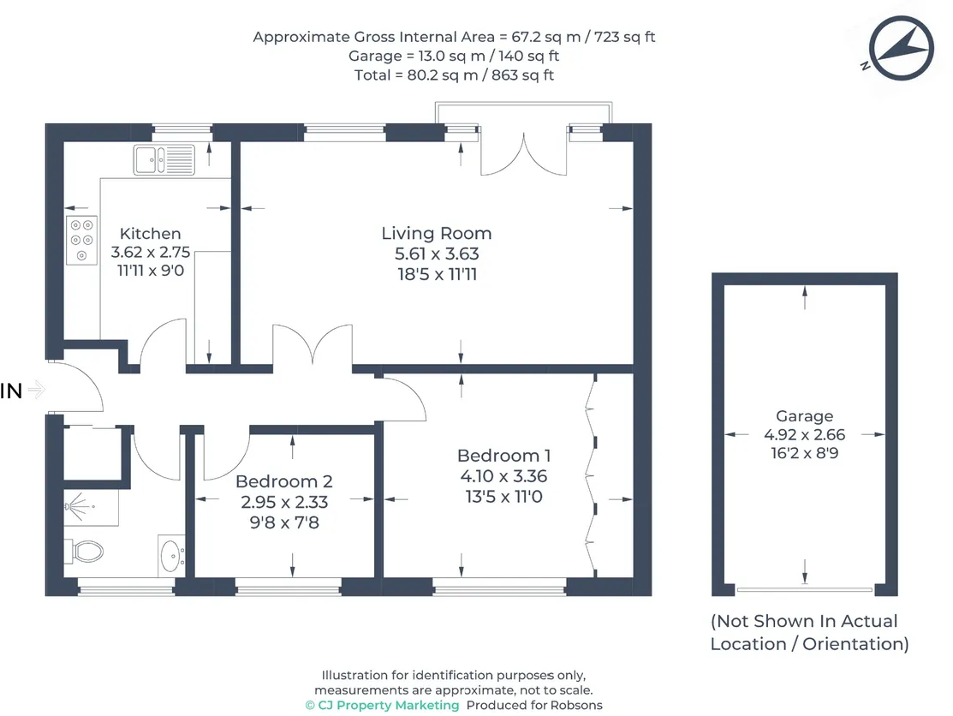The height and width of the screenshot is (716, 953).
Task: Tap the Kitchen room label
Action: (150, 234)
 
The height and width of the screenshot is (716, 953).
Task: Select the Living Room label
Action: (437, 233)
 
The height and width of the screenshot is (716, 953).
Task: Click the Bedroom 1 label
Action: (503, 456)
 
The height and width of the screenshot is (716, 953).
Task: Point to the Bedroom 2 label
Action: (283, 482)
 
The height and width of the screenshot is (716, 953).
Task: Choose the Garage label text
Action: (804, 416)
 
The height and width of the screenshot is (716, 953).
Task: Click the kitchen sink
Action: (164, 158)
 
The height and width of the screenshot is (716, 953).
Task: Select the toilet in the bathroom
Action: (86, 550)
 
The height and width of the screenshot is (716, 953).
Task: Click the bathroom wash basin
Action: (170, 556)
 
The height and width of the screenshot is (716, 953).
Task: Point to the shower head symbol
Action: (77, 508)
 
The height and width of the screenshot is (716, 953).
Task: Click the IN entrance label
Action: (11, 391)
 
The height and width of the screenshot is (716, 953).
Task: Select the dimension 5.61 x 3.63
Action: (436, 254)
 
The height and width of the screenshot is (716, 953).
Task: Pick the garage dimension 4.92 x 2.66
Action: (804, 435)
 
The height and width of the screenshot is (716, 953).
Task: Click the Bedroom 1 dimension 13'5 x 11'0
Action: (503, 496)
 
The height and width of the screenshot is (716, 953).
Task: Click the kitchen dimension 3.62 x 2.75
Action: (150, 254)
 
